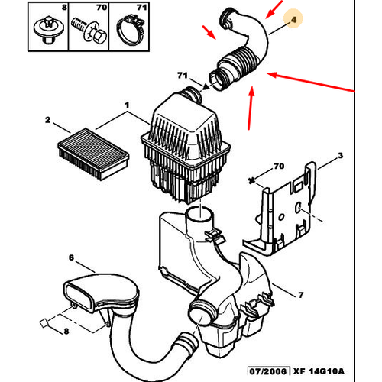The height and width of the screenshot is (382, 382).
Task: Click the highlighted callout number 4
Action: click(x=293, y=20)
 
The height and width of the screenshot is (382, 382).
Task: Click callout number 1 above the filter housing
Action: click(x=127, y=105)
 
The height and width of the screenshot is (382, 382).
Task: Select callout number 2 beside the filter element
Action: click(x=48, y=120)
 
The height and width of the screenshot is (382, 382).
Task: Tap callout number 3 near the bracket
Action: click(x=340, y=155)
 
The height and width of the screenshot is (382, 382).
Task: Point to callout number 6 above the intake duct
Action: click(x=71, y=257)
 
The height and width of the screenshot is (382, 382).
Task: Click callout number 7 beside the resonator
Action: click(x=301, y=295)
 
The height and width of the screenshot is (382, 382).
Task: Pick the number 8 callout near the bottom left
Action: click(x=66, y=331)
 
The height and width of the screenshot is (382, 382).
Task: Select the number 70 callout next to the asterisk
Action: click(x=279, y=167)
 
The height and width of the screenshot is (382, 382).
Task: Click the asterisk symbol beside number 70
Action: click(x=251, y=181)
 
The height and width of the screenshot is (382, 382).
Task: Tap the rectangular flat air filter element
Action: click(x=93, y=154)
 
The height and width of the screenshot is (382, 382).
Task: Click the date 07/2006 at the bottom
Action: click(x=269, y=371)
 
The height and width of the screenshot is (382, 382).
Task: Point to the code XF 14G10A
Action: click(x=319, y=371)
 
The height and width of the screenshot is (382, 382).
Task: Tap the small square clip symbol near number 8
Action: click(x=44, y=323)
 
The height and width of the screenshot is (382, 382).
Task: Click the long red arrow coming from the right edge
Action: click(x=311, y=83)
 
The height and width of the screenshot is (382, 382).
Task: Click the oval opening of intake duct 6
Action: click(x=79, y=296)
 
